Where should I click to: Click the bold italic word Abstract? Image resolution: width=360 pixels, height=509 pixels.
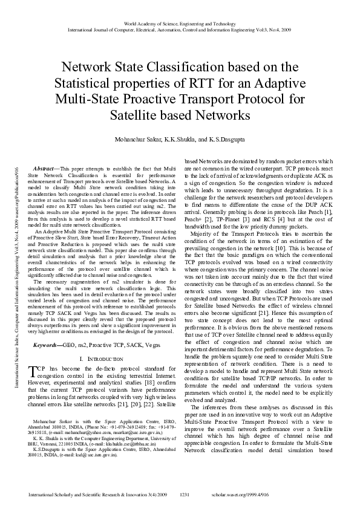tap(46, 168)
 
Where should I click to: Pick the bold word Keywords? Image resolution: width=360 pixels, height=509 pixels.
tap(46, 343)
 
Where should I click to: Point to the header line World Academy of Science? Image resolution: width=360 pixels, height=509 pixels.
tap(180, 23)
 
